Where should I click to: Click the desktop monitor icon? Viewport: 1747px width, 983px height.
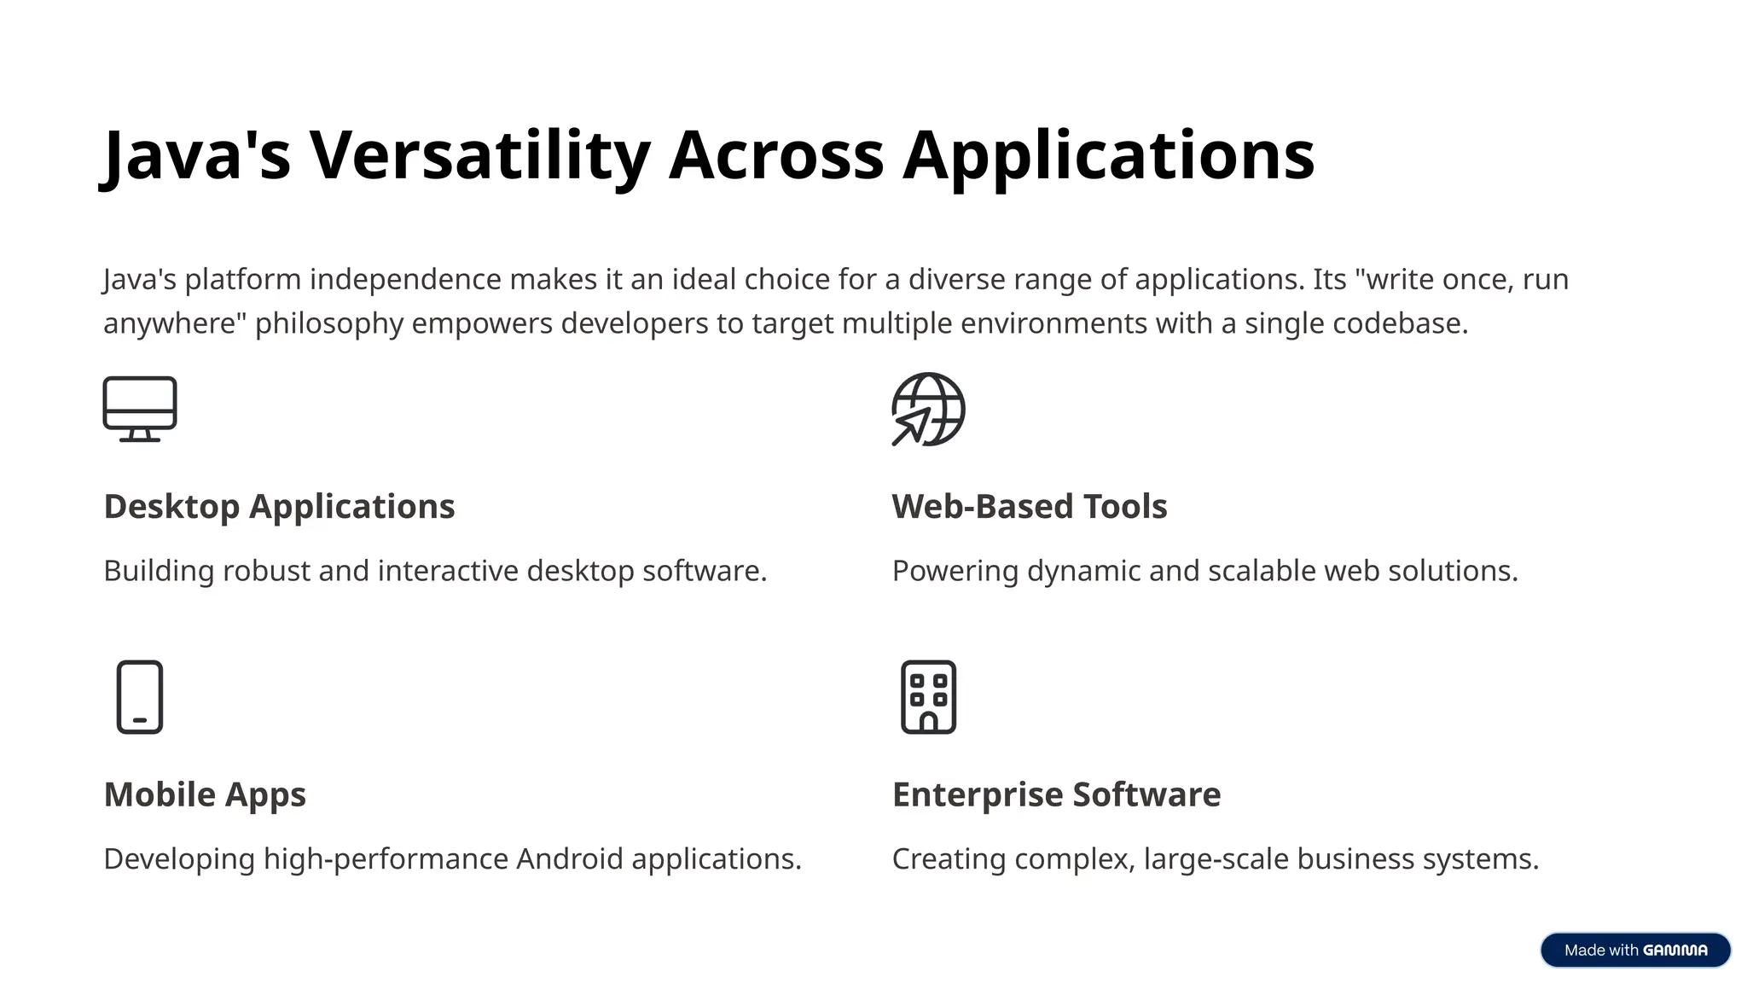click(x=140, y=409)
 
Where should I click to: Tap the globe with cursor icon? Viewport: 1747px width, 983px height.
click(x=928, y=409)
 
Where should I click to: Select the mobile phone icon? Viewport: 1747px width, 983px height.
click(x=140, y=696)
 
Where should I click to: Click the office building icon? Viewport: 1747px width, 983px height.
click(x=928, y=696)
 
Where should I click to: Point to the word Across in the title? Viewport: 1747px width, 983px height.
click(x=776, y=155)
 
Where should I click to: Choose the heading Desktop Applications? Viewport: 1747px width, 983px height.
click(x=279, y=507)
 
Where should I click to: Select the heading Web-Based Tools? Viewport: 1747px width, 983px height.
click(x=1029, y=507)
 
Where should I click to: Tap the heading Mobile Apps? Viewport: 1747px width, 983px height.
click(x=205, y=794)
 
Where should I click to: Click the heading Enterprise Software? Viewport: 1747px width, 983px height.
click(x=1056, y=794)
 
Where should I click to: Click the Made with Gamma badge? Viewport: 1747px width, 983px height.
click(x=1634, y=950)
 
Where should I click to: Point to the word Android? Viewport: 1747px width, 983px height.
click(x=569, y=858)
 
